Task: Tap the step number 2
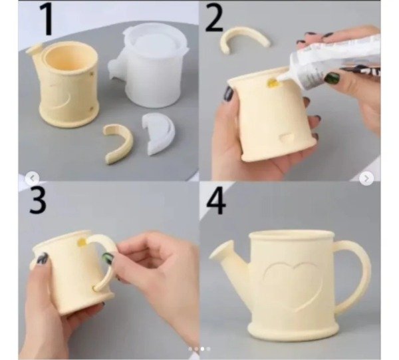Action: coord(214,18)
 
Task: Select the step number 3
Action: coord(38,200)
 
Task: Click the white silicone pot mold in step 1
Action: coord(148,67)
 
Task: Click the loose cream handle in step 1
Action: coord(118,143)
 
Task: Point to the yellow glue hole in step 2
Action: coord(271,83)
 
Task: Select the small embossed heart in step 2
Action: coord(286,138)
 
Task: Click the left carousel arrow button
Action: coord(33,178)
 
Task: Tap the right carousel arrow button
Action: coord(366,178)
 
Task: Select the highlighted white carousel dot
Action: coord(202,349)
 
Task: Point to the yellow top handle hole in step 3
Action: coord(82,242)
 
